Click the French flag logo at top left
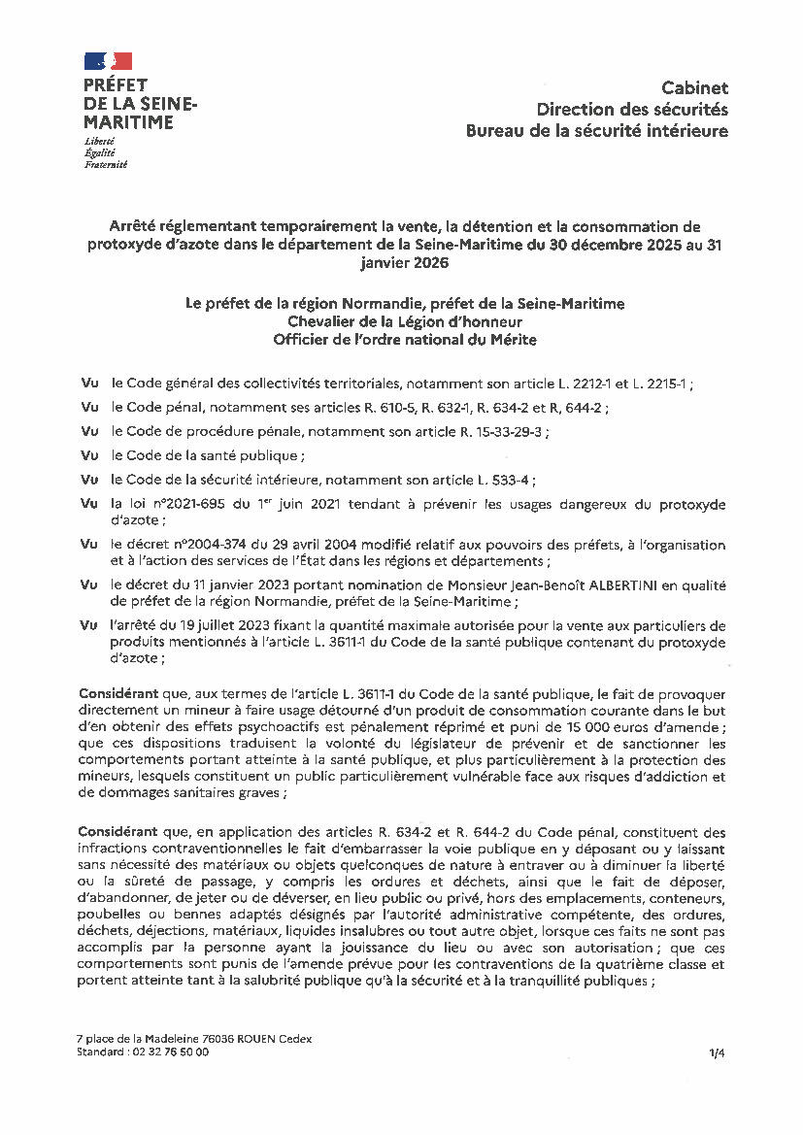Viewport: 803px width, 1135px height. point(107,61)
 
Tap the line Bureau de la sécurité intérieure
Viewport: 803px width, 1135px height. point(596,131)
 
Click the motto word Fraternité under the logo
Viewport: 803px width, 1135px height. point(106,165)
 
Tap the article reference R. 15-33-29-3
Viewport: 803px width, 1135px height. point(498,431)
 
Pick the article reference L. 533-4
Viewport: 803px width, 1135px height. point(504,479)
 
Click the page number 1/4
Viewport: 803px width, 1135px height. point(717,1052)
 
